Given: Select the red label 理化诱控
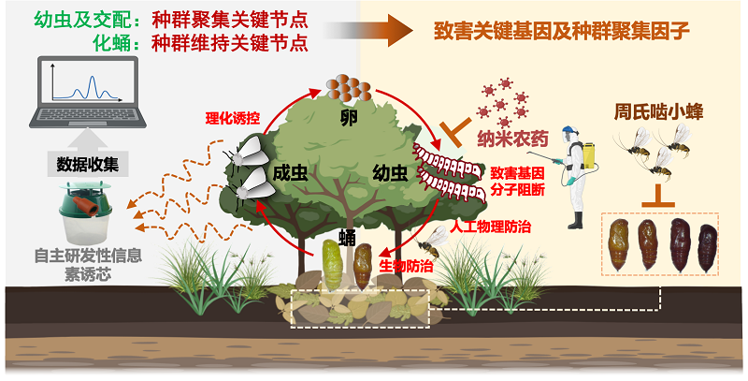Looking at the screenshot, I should pos(232,119).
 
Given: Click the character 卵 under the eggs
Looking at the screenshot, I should pos(349,118).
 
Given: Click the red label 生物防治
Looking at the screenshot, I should pos(406,266).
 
